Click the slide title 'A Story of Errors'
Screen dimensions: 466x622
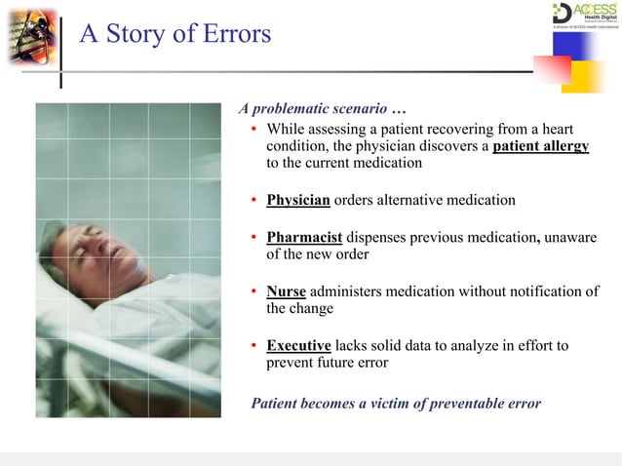click(175, 33)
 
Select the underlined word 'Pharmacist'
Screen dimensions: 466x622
click(303, 237)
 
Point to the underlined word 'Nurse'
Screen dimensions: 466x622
click(286, 291)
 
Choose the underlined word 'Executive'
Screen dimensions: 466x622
click(298, 346)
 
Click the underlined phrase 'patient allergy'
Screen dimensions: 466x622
click(540, 147)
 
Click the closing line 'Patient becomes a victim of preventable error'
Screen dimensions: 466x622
click(396, 403)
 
